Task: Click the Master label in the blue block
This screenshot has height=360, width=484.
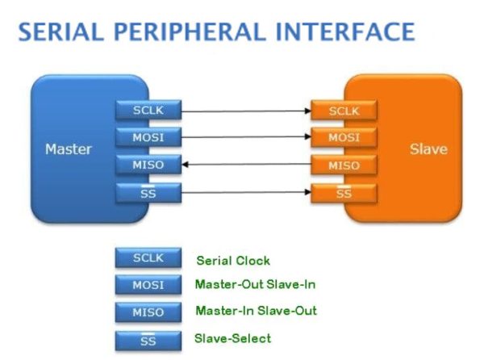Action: coord(69,149)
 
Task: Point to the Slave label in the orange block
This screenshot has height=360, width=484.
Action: coord(428,149)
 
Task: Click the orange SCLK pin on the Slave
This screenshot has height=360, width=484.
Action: coord(344,110)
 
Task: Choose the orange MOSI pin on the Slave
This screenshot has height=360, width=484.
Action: coord(344,137)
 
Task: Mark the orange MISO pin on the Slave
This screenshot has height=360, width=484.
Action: coord(344,165)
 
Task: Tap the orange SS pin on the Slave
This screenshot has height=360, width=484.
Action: coord(344,194)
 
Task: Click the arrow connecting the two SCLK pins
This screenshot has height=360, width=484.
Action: coord(246,109)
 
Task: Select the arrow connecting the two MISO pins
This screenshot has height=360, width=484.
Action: coord(246,165)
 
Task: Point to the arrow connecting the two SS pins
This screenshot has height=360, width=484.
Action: coord(246,193)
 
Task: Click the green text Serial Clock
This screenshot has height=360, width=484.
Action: coord(233,261)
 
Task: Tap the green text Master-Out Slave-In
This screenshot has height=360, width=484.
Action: coord(255,285)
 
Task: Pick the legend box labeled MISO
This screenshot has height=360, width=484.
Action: coord(148,312)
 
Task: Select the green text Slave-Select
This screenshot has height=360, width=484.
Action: coord(233,337)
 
